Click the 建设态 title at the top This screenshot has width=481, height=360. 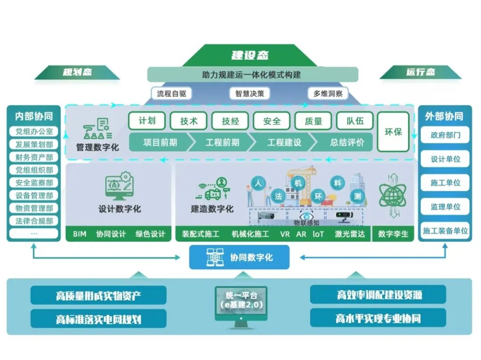coord(250,55)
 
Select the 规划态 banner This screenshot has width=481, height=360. coord(77,72)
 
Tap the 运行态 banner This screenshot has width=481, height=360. coord(420,72)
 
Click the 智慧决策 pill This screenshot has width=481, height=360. coord(249,93)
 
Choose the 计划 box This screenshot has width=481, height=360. coord(147,121)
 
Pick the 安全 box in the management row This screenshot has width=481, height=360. coord(272,121)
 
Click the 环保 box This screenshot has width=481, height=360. coord(393,132)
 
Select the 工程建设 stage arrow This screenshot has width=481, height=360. coord(284,142)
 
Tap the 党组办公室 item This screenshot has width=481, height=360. coord(34,132)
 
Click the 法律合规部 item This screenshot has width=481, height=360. coord(34,221)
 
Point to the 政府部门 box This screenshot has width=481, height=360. coord(445,135)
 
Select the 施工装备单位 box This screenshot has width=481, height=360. coord(445,231)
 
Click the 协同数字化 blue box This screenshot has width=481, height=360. coord(240,258)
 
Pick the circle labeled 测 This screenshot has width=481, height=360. coord(357,196)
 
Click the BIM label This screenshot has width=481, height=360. coord(79,234)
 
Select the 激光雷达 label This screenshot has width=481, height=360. coord(350,234)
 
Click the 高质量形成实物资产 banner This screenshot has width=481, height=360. coord(98,295)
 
